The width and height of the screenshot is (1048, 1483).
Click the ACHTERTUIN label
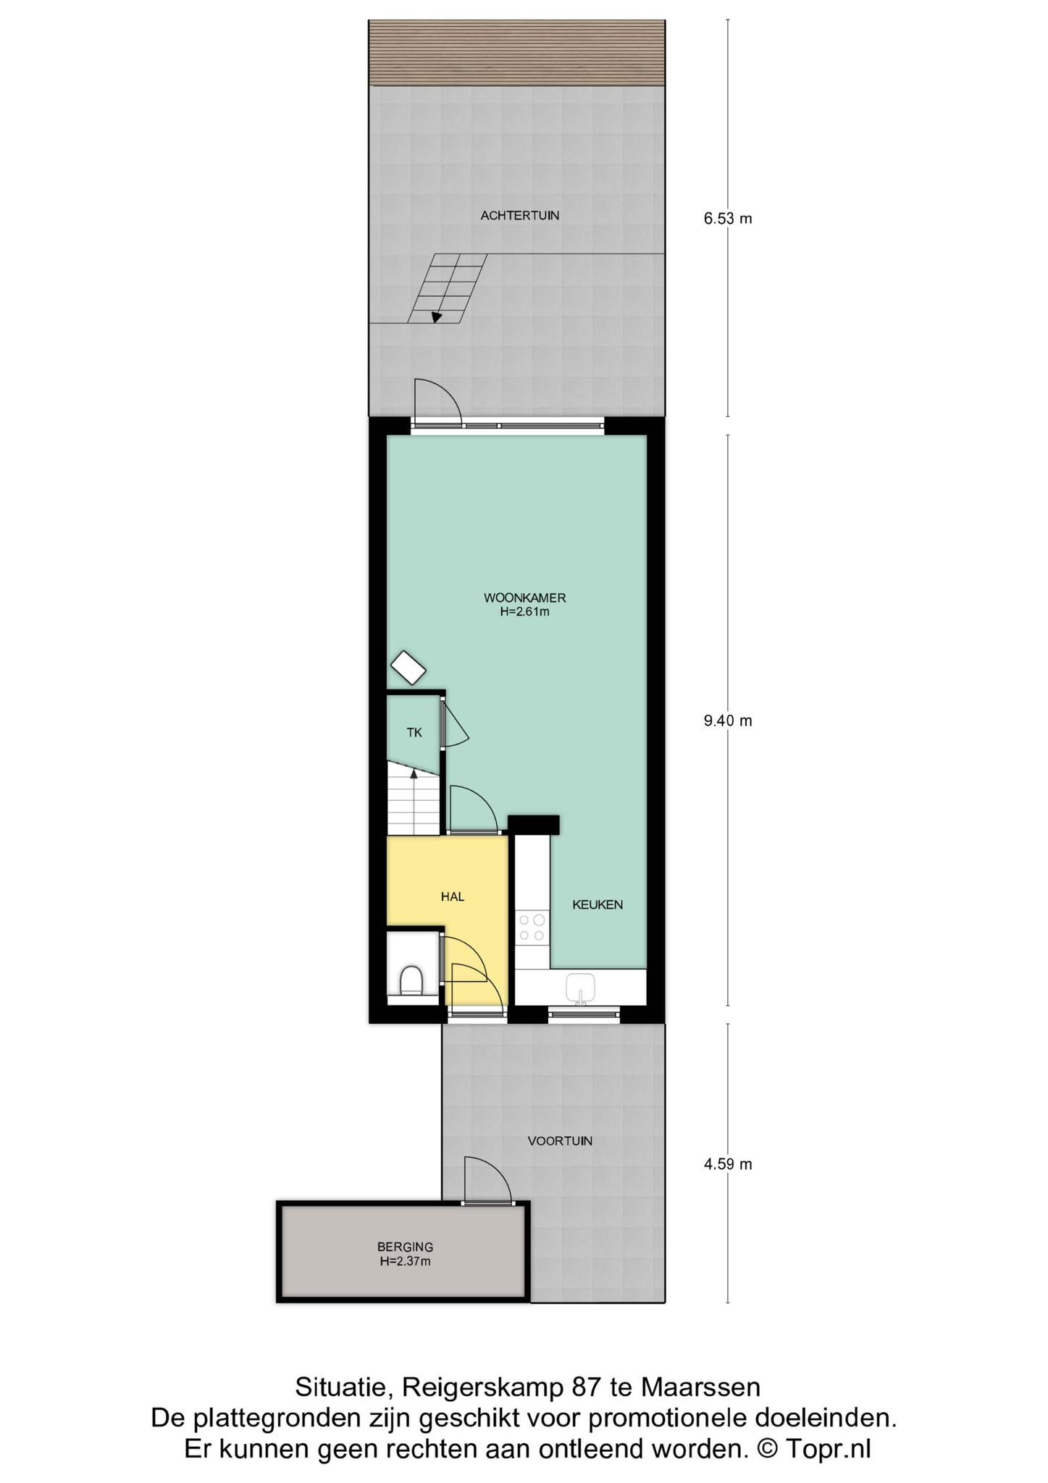click(x=520, y=215)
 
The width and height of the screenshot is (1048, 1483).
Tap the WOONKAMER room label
click(x=524, y=598)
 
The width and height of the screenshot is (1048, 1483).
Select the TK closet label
click(x=414, y=733)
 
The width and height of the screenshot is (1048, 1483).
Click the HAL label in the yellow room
click(x=453, y=896)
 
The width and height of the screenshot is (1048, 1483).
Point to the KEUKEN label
click(x=598, y=904)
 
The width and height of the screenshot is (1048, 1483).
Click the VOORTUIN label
click(x=560, y=1141)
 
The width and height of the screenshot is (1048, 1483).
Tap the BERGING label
click(x=405, y=1247)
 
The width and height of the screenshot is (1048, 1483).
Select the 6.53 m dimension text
click(x=728, y=218)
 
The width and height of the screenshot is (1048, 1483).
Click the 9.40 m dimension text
click(x=728, y=721)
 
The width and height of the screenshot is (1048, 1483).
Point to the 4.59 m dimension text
click(x=728, y=1164)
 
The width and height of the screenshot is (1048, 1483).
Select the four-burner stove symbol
click(x=532, y=928)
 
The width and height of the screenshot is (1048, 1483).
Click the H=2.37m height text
click(x=405, y=1261)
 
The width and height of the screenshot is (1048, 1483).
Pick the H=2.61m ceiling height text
click(x=524, y=612)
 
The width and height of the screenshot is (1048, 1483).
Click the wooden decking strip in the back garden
click(x=516, y=53)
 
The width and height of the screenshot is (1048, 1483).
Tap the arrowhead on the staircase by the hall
click(x=414, y=773)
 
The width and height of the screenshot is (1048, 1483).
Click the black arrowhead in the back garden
click(x=437, y=316)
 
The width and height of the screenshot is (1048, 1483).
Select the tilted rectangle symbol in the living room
click(x=408, y=668)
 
